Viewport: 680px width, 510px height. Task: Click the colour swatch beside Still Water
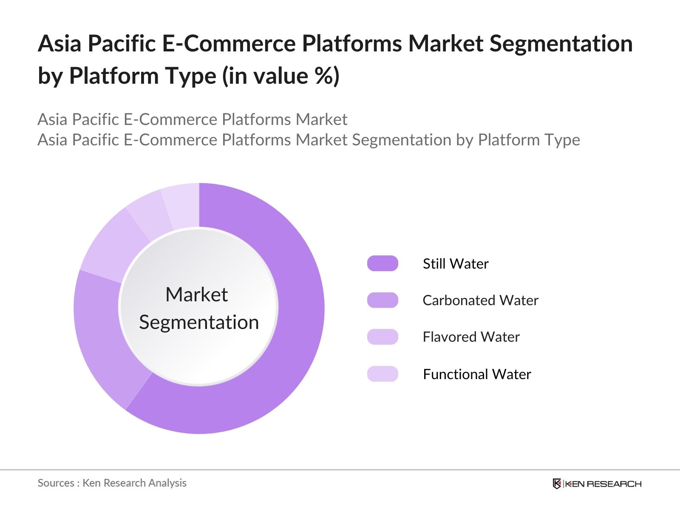[382, 263]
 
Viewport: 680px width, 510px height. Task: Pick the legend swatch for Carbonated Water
[382, 300]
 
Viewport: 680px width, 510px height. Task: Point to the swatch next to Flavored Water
[382, 337]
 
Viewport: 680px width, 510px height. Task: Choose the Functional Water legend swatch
[382, 374]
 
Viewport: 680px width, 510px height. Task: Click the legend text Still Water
[456, 264]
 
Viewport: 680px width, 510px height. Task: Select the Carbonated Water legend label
[480, 300]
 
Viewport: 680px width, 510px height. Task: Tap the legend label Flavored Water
[471, 337]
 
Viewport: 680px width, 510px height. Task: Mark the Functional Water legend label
[477, 374]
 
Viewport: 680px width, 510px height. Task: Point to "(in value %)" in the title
[280, 76]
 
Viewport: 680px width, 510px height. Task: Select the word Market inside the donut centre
[196, 295]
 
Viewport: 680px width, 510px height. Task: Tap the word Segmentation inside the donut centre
[199, 322]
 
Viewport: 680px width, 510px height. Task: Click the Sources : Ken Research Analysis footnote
[112, 483]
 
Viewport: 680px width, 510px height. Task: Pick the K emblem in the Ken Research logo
[557, 484]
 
